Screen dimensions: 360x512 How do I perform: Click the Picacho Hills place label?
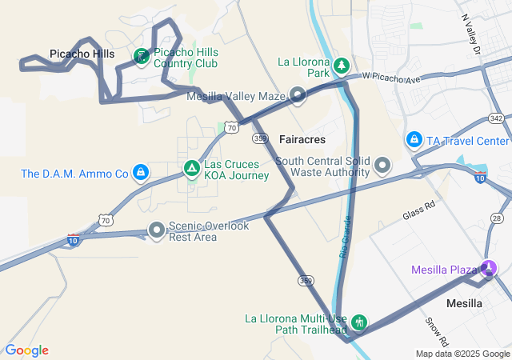point(82,54)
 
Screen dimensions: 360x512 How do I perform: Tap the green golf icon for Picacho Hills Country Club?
point(142,55)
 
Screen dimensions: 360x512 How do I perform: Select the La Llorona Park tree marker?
point(342,64)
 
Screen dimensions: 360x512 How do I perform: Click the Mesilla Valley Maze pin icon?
point(298,96)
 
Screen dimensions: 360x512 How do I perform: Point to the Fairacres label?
point(302,139)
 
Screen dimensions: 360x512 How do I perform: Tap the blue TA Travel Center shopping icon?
point(414,141)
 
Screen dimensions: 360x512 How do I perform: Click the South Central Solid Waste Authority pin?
point(382,166)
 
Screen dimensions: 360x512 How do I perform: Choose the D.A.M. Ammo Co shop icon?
point(141,172)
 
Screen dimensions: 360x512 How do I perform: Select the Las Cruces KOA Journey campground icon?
point(191,169)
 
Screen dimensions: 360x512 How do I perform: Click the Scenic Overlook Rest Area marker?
point(156,231)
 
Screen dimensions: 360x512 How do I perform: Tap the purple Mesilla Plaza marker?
point(489,268)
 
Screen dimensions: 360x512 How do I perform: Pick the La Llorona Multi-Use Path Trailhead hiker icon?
point(359,323)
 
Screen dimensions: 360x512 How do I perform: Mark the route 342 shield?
point(496,118)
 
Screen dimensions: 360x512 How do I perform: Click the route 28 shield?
point(497,218)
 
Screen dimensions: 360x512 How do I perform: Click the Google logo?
point(26,350)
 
